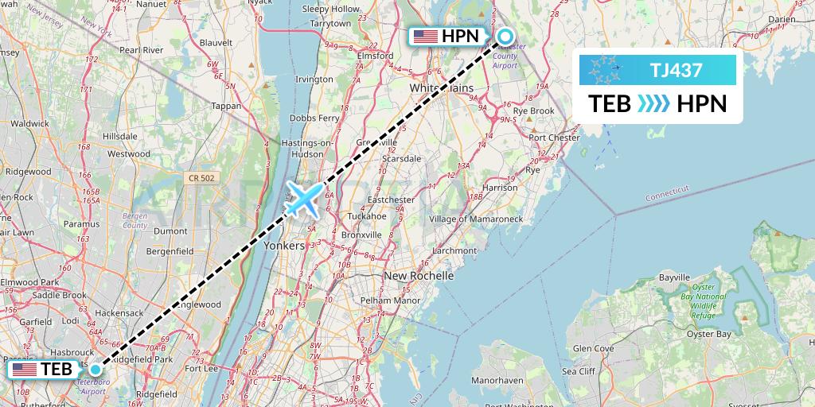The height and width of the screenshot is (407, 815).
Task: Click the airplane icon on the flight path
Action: pyautogui.click(x=303, y=199)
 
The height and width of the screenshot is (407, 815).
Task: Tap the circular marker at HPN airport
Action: pyautogui.click(x=505, y=36)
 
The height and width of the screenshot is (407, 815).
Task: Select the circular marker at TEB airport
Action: pyautogui.click(x=96, y=369)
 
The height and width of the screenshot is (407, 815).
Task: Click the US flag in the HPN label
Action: pyautogui.click(x=425, y=36)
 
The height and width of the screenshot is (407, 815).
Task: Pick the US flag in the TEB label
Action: pyautogui.click(x=25, y=370)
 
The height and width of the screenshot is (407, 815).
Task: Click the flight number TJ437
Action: pyautogui.click(x=676, y=70)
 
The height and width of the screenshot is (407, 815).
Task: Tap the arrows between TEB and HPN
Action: pyautogui.click(x=653, y=104)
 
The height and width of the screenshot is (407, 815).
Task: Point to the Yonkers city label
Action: pyautogui.click(x=284, y=246)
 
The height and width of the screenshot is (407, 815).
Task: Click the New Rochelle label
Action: pyautogui.click(x=419, y=276)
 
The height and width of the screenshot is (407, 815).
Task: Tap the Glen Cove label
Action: pyautogui.click(x=593, y=348)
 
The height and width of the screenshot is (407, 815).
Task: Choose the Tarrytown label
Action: pyautogui.click(x=330, y=24)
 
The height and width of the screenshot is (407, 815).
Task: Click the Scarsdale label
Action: pyautogui.click(x=401, y=159)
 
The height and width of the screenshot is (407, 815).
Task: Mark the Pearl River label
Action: pyautogui.click(x=141, y=50)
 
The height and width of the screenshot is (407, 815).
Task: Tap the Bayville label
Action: pyautogui.click(x=674, y=277)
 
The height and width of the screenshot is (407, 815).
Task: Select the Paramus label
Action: pyautogui.click(x=83, y=224)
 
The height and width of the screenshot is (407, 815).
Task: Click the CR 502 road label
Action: pyautogui.click(x=203, y=178)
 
